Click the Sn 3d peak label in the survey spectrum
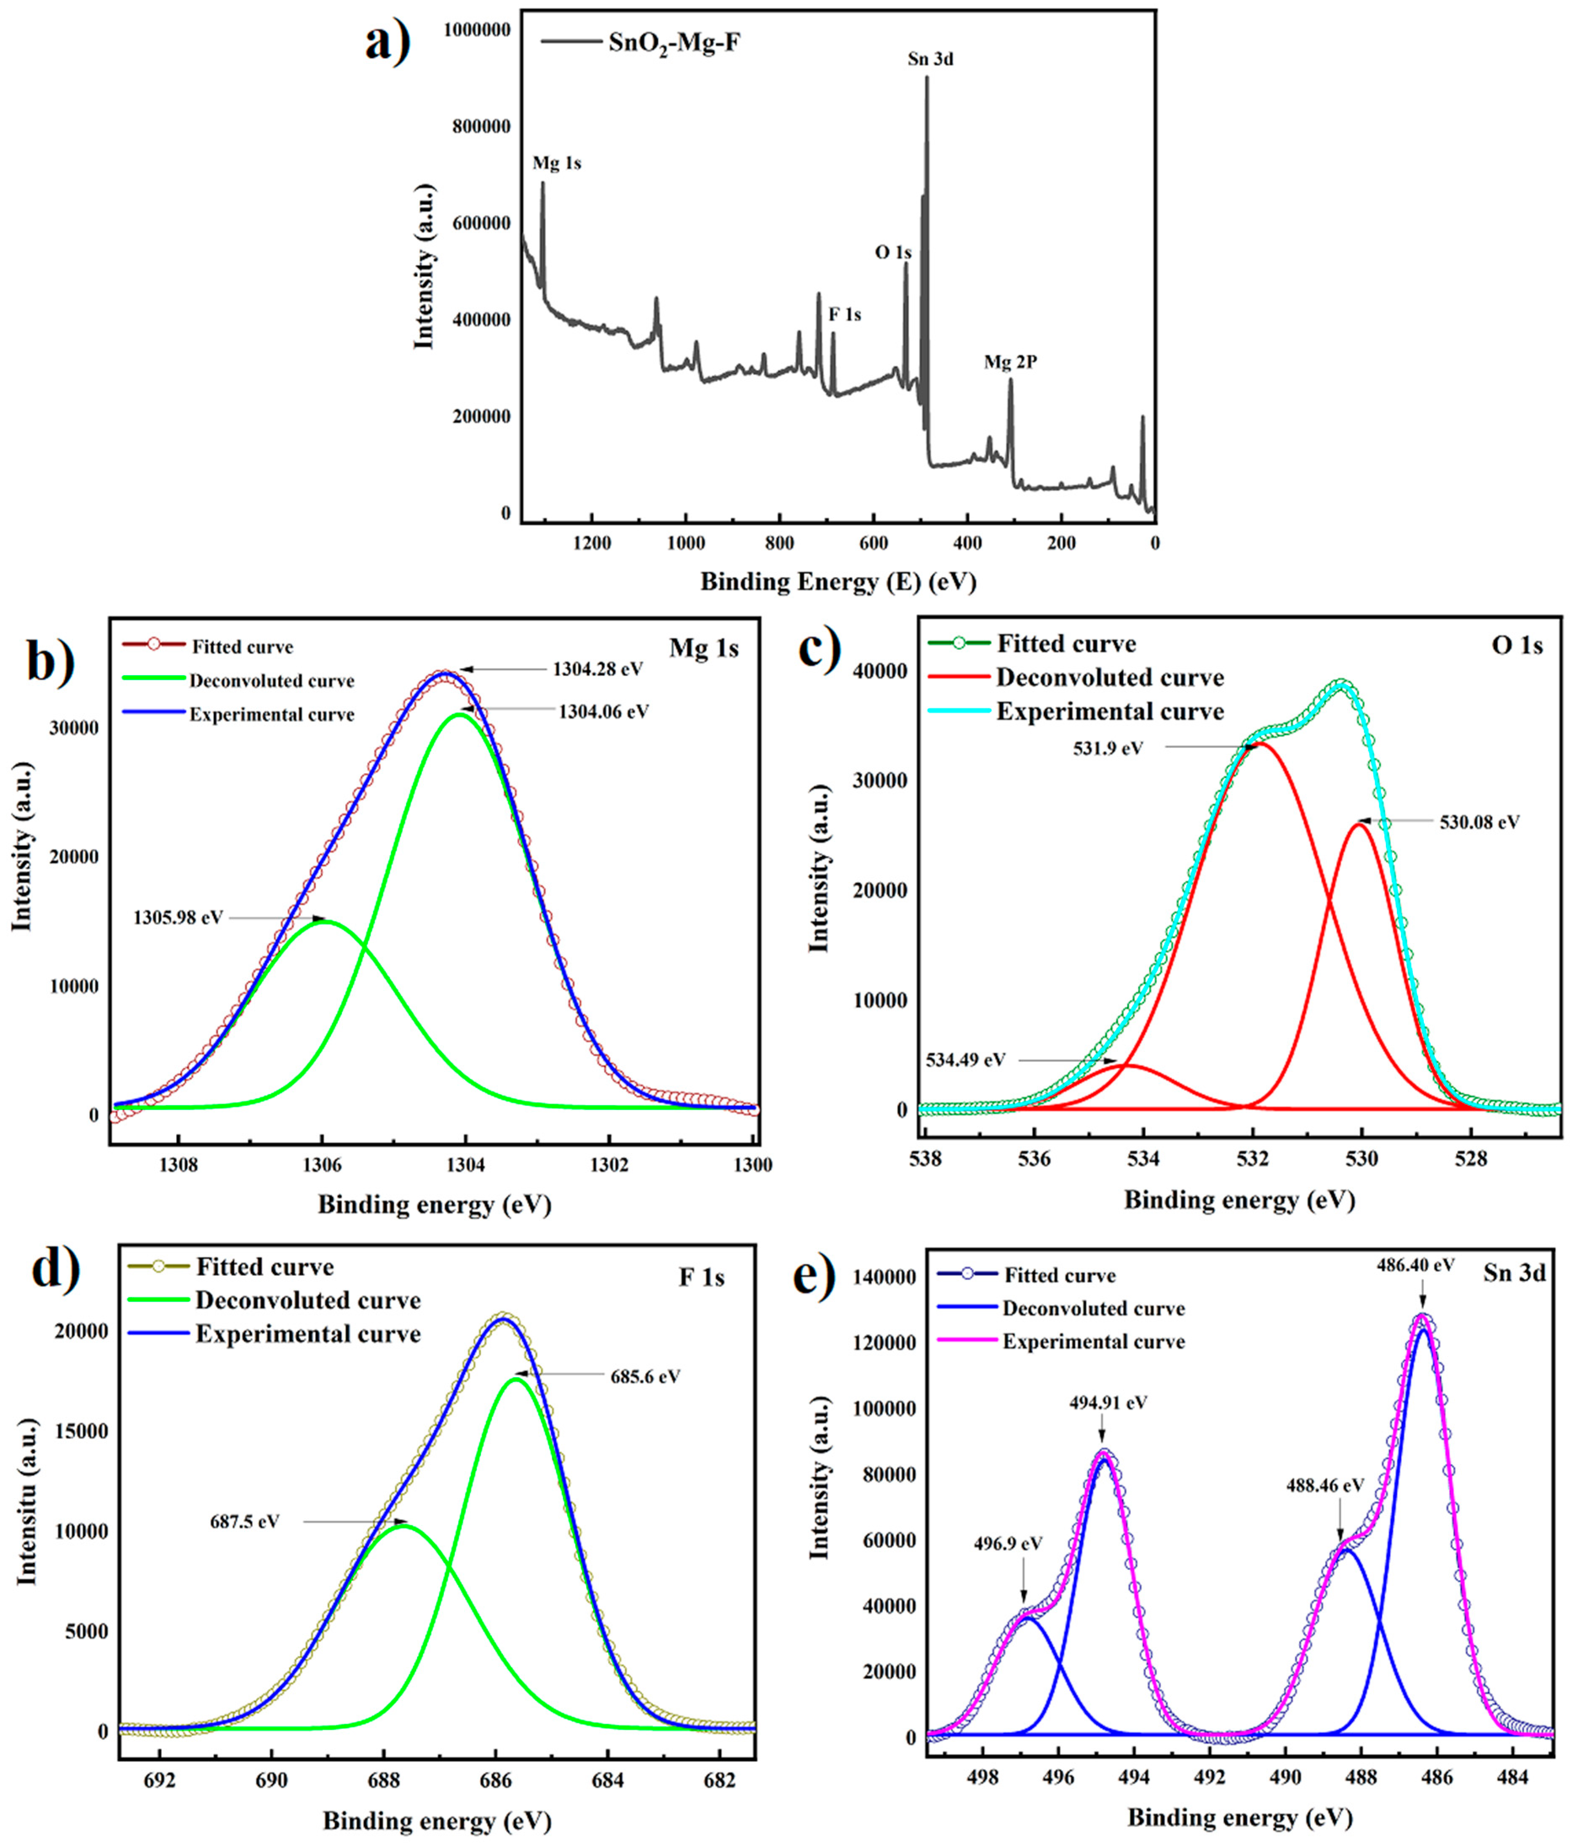click(930, 60)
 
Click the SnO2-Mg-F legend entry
click(674, 42)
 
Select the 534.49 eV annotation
click(966, 1059)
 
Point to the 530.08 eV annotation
click(1479, 822)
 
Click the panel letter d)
click(55, 1268)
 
